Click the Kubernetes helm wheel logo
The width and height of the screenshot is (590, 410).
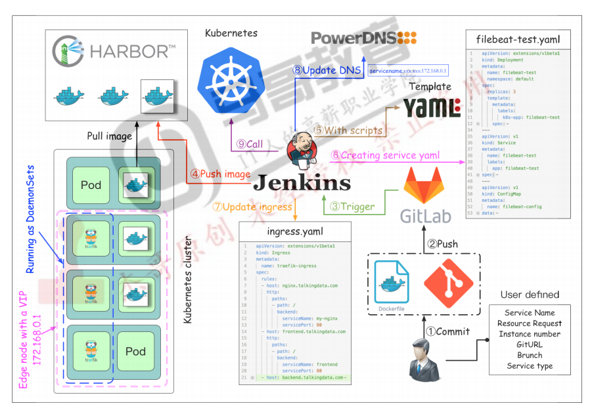tap(231, 80)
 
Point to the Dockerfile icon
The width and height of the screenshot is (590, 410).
tap(391, 285)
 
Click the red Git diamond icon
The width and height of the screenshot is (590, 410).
tap(448, 283)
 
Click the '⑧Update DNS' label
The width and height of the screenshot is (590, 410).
tap(325, 70)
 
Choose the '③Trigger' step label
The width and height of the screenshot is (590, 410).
tap(352, 207)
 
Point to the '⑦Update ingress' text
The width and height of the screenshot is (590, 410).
tap(252, 206)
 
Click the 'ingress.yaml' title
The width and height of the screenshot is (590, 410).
tap(295, 232)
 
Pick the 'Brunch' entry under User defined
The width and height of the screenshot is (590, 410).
tap(530, 355)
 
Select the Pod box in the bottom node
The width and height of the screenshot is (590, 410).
tap(135, 351)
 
